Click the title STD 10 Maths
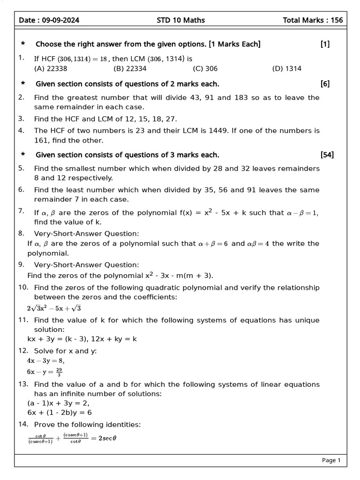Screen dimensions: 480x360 pos(180,20)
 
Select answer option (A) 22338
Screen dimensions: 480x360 pos(51,68)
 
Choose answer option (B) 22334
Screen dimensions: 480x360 pos(130,68)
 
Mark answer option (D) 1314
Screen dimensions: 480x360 pos(286,68)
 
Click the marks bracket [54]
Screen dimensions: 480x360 pos(327,155)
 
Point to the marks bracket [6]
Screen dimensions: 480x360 pos(325,84)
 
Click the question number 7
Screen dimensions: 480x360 pos(21,211)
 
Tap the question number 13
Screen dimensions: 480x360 pos(23,384)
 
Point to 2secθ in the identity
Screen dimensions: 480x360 pos(104,438)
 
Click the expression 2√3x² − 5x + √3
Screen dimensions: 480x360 pos(54,308)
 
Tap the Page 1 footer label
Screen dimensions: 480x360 pos(331,460)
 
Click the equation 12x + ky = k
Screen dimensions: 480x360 pos(106,339)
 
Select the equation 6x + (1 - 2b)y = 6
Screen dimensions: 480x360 pos(60,412)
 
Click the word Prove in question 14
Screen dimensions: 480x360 pos(45,425)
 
